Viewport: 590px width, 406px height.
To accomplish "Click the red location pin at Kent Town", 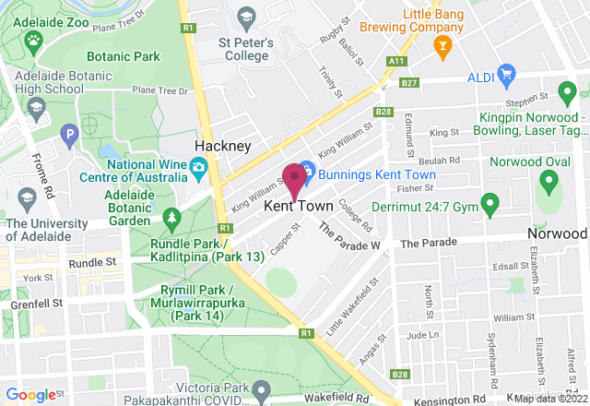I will (294, 178).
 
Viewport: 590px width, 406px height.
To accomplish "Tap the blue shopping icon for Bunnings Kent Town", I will (307, 172).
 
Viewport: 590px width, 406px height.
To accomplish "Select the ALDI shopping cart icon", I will (504, 73).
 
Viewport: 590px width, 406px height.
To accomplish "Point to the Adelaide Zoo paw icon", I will (34, 40).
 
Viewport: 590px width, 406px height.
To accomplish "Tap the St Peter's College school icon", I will (246, 17).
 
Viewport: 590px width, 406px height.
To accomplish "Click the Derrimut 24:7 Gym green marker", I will (490, 202).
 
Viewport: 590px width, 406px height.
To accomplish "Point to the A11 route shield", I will (396, 61).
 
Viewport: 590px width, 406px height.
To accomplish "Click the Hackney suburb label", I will (222, 147).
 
